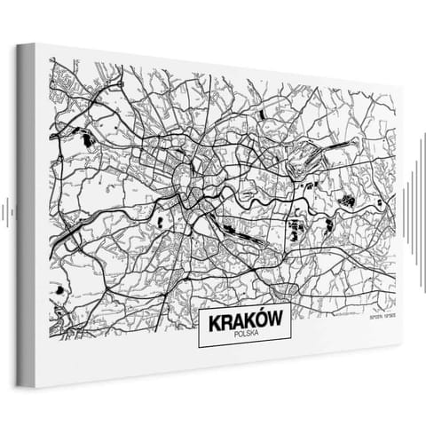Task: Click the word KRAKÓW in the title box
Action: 244,322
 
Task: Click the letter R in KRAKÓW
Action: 221,322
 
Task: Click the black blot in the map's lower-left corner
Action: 59,289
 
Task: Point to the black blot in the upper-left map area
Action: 87,138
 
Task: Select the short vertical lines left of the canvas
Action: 6,211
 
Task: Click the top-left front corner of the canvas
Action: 35,43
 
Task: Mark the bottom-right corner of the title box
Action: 291,344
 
